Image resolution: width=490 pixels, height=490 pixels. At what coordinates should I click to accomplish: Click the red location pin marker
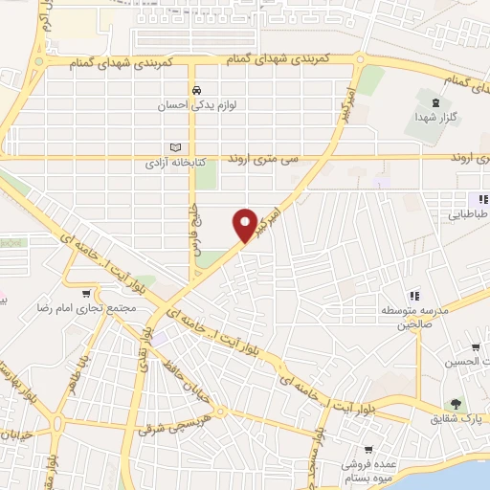pyautogui.click(x=246, y=224)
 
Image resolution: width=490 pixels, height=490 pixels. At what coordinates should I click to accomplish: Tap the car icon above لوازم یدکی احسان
pyautogui.click(x=195, y=91)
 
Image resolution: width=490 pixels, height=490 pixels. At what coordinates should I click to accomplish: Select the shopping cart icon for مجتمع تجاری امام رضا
pyautogui.click(x=88, y=294)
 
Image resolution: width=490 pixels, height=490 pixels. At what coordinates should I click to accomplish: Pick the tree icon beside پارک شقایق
pyautogui.click(x=456, y=403)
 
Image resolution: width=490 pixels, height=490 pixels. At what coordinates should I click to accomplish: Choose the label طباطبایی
pyautogui.click(x=469, y=215)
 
